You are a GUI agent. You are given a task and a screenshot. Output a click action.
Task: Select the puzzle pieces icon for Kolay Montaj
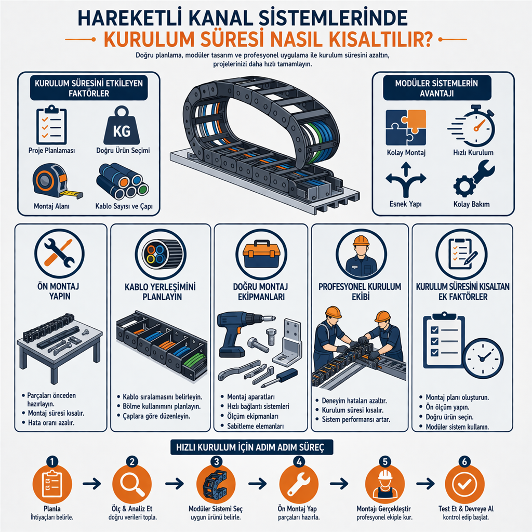406,128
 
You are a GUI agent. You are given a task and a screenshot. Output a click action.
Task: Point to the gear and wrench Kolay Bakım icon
474,179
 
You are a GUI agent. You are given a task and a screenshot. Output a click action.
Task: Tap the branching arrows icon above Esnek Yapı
406,179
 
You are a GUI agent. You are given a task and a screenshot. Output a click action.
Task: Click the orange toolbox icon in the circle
261,254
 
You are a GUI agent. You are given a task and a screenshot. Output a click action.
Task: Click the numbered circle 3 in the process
216,461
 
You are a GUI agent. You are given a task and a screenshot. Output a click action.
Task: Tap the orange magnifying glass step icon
131,484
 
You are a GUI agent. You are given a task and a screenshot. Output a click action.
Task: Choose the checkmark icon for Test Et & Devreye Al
464,484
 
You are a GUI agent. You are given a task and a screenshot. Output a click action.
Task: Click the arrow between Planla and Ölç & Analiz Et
91,484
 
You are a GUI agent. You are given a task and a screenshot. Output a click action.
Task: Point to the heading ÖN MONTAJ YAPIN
59,291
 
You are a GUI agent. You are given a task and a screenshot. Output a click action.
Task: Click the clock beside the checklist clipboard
483,358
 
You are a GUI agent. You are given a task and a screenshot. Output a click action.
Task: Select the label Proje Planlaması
51,151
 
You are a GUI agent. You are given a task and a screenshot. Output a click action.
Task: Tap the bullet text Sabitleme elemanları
255,426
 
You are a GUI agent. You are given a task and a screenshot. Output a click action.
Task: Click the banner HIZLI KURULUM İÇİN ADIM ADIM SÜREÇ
252,447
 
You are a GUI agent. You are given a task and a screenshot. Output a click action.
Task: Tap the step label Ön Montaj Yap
297,509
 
